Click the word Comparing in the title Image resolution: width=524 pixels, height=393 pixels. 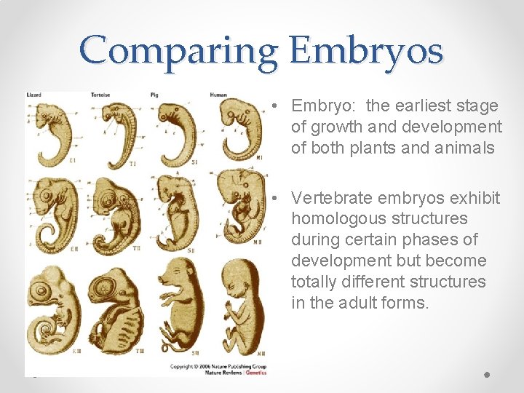[178, 51]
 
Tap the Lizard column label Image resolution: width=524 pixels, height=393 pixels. [34, 95]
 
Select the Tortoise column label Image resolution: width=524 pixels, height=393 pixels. [100, 95]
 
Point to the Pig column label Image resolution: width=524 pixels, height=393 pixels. [154, 95]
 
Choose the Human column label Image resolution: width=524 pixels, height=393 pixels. [218, 95]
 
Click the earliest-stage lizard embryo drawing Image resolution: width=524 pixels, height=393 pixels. [49, 132]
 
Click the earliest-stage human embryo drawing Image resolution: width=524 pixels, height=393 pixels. [241, 131]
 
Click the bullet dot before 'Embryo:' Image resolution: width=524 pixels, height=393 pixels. [271, 106]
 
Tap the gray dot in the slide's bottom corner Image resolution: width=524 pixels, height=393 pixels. [486, 374]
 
